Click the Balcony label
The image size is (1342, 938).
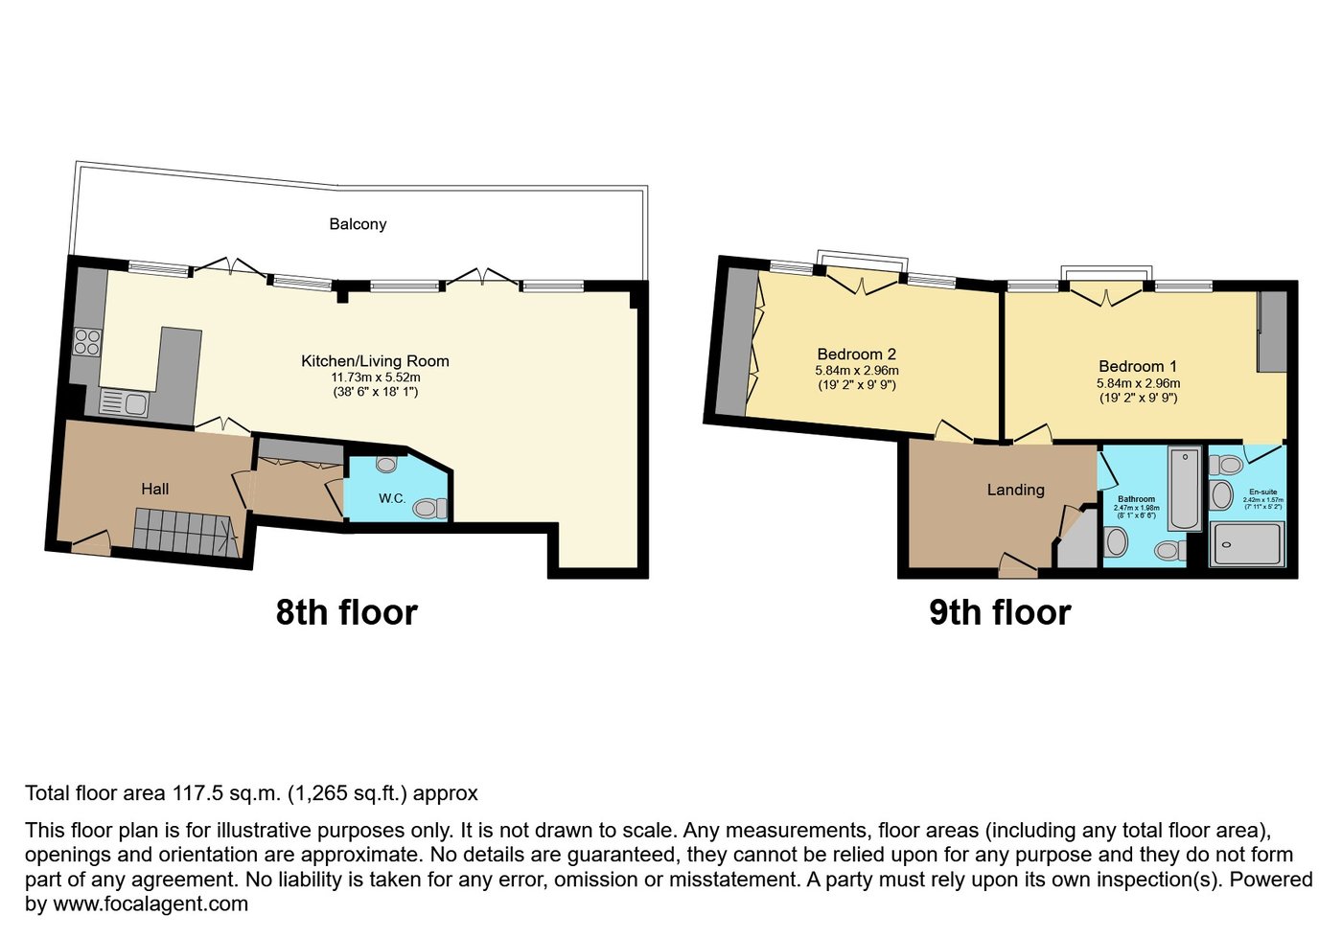(x=358, y=224)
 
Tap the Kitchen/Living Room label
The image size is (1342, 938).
(x=375, y=361)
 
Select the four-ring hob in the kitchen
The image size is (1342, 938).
(x=87, y=342)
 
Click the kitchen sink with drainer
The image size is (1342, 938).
(x=124, y=403)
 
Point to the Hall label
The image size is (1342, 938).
(x=154, y=489)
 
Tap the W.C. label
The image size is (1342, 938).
(x=392, y=498)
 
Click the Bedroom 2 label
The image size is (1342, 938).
(x=856, y=355)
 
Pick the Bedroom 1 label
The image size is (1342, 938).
(x=1137, y=366)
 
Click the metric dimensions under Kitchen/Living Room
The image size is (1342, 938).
(x=376, y=377)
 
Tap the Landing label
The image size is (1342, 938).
(x=1015, y=490)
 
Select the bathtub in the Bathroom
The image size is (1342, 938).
(x=1185, y=488)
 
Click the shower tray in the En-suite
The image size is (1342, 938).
(x=1246, y=544)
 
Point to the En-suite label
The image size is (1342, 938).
(x=1262, y=492)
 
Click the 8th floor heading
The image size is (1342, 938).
(x=346, y=612)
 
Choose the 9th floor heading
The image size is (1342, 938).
(x=999, y=612)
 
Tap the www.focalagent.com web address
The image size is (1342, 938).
(x=150, y=904)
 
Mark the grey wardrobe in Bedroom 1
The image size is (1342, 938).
(x=1272, y=332)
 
